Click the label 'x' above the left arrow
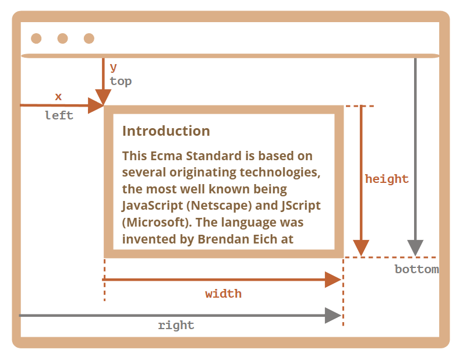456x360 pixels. (58, 97)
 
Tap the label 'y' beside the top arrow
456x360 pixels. (114, 68)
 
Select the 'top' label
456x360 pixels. (121, 82)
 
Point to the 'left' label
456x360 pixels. (59, 115)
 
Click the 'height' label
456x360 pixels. (387, 179)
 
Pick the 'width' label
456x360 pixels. (224, 294)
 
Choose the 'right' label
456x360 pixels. (176, 325)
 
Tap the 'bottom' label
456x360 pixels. (417, 269)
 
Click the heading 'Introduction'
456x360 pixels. (166, 131)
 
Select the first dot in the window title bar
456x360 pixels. (36, 38)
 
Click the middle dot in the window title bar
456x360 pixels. (62, 38)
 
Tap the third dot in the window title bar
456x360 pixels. (89, 38)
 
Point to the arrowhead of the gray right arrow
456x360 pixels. (333, 315)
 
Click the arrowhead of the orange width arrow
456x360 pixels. (333, 280)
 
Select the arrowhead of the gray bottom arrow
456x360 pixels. (415, 248)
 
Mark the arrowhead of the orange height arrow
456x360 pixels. (361, 248)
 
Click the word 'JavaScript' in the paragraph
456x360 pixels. (153, 206)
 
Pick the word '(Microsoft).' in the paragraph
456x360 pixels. (157, 223)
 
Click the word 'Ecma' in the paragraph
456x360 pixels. (167, 156)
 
